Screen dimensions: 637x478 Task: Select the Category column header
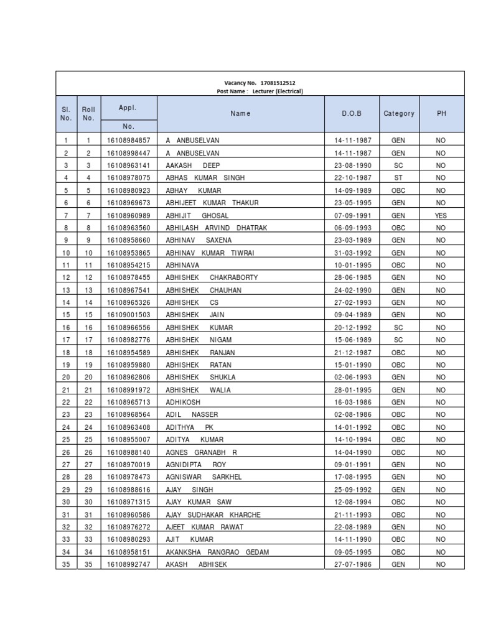399,114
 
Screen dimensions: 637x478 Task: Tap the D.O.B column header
351,114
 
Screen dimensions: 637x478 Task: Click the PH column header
441,114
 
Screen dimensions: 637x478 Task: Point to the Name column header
240,114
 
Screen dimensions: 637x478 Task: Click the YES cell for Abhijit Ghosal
441,215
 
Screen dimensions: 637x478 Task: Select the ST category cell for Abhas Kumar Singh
398,178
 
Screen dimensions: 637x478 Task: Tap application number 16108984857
128,141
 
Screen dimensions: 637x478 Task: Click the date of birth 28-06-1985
352,277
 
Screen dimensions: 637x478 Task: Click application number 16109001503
128,315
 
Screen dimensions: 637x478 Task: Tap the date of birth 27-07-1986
352,564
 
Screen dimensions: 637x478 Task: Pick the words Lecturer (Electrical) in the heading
278,91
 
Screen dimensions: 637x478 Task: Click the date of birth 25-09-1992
352,490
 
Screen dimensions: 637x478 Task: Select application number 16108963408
128,427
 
